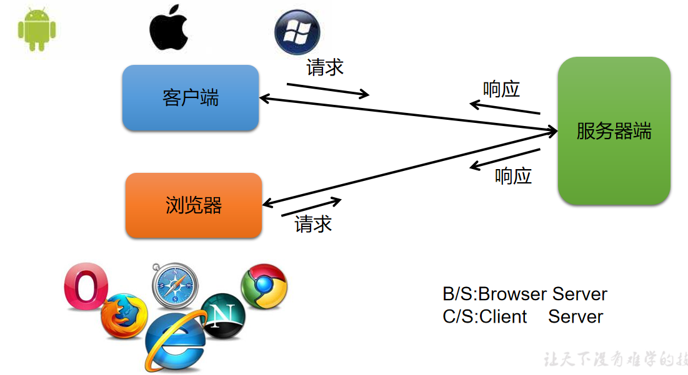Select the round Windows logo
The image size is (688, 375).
click(297, 32)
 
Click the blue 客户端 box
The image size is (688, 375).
click(191, 98)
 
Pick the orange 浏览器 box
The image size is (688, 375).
click(194, 205)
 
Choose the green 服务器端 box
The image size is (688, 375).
click(614, 131)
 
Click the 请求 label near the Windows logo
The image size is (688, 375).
click(325, 67)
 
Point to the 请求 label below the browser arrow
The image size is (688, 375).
click(313, 224)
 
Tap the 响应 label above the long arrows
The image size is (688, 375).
click(502, 89)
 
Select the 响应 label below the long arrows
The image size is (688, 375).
click(513, 176)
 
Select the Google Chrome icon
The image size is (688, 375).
click(264, 285)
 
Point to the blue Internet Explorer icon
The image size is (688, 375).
click(175, 340)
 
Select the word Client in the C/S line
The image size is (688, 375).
click(503, 316)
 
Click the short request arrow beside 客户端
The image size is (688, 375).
click(327, 90)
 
